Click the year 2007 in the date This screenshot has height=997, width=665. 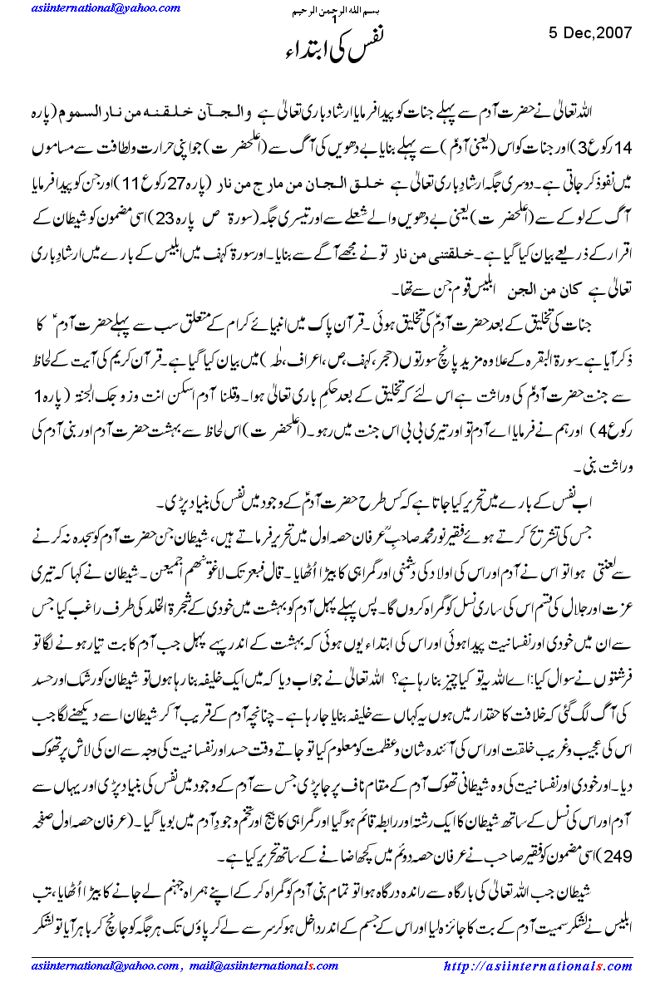coord(614,32)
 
